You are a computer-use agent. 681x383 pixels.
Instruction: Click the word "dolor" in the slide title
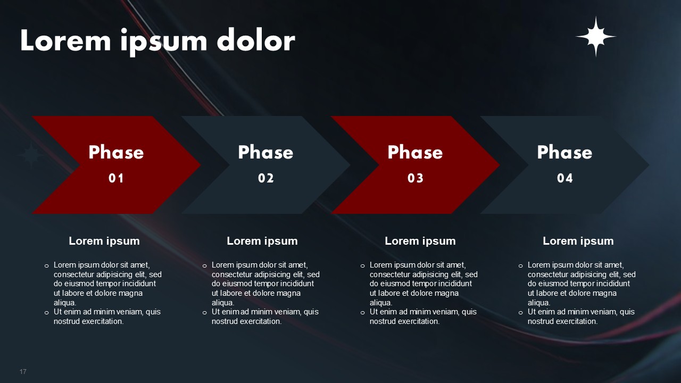coord(256,40)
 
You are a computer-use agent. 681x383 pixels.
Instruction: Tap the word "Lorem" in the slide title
coord(65,40)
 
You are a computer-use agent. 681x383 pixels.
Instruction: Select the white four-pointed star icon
coord(596,37)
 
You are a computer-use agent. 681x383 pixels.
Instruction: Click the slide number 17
coord(23,371)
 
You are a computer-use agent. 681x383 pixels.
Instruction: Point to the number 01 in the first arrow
coord(116,178)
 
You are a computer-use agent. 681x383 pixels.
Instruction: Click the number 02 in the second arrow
coord(265,178)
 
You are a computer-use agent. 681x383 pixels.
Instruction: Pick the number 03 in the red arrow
coord(416,178)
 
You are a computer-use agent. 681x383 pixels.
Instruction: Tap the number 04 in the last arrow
coord(565,178)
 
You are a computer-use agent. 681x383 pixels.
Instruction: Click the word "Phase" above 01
coord(116,152)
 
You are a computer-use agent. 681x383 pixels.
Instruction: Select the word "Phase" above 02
coord(265,152)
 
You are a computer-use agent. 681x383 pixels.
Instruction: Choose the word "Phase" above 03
coord(416,152)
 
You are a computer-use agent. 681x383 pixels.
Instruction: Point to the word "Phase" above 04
coord(565,152)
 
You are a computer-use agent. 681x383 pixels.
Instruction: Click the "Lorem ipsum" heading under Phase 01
coord(104,241)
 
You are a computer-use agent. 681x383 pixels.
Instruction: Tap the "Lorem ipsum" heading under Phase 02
coord(262,241)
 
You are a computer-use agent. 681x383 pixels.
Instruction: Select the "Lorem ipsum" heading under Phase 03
coord(420,241)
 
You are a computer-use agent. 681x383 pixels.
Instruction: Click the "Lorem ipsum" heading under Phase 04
coord(578,241)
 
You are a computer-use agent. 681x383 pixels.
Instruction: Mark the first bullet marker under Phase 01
coord(46,266)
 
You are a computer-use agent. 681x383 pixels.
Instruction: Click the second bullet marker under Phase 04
coord(520,312)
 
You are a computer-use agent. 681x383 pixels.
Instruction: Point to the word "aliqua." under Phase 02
coord(223,303)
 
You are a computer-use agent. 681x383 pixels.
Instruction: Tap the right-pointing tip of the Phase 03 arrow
coord(500,165)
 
